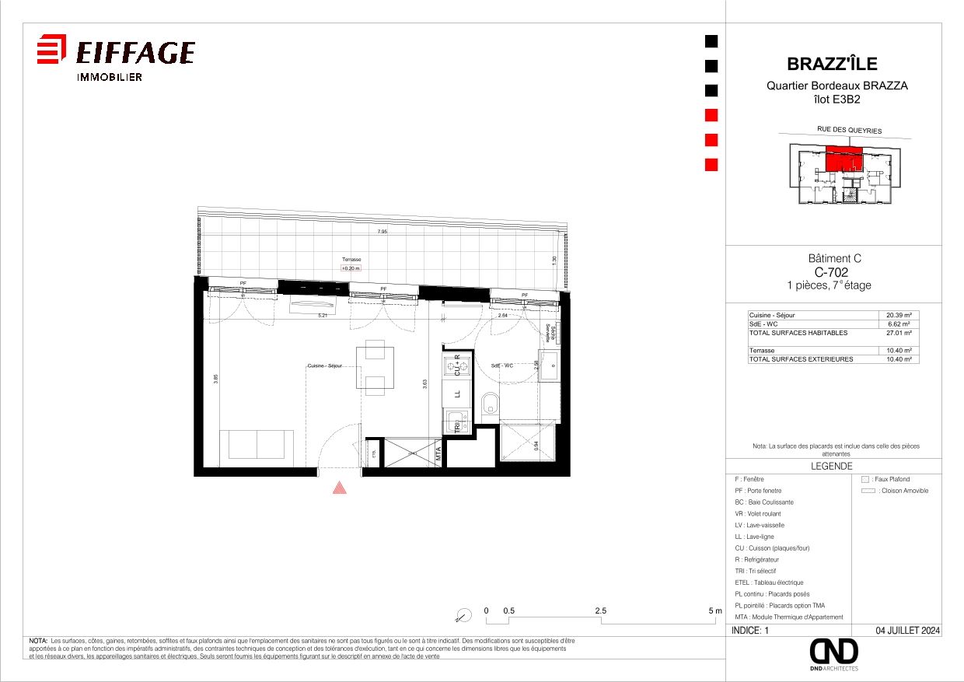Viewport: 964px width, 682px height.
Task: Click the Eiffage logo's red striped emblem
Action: [x=51, y=49]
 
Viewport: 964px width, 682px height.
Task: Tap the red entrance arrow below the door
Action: [x=339, y=488]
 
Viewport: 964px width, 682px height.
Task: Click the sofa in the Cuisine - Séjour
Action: [x=257, y=444]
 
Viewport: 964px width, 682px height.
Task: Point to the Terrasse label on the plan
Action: [x=351, y=259]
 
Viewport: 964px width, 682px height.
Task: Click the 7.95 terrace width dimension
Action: [x=382, y=232]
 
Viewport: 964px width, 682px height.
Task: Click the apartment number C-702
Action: [x=831, y=272]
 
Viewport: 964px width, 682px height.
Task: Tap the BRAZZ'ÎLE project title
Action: [x=832, y=64]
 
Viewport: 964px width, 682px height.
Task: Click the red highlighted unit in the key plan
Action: [x=843, y=158]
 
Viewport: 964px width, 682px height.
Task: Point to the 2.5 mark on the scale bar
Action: [x=601, y=611]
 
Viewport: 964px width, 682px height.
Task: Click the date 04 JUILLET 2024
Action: [x=907, y=631]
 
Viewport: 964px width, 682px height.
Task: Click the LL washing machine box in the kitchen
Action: [x=457, y=393]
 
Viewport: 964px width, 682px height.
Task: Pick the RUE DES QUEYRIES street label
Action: [x=849, y=131]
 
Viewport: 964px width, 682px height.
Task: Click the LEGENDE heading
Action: [x=832, y=467]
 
